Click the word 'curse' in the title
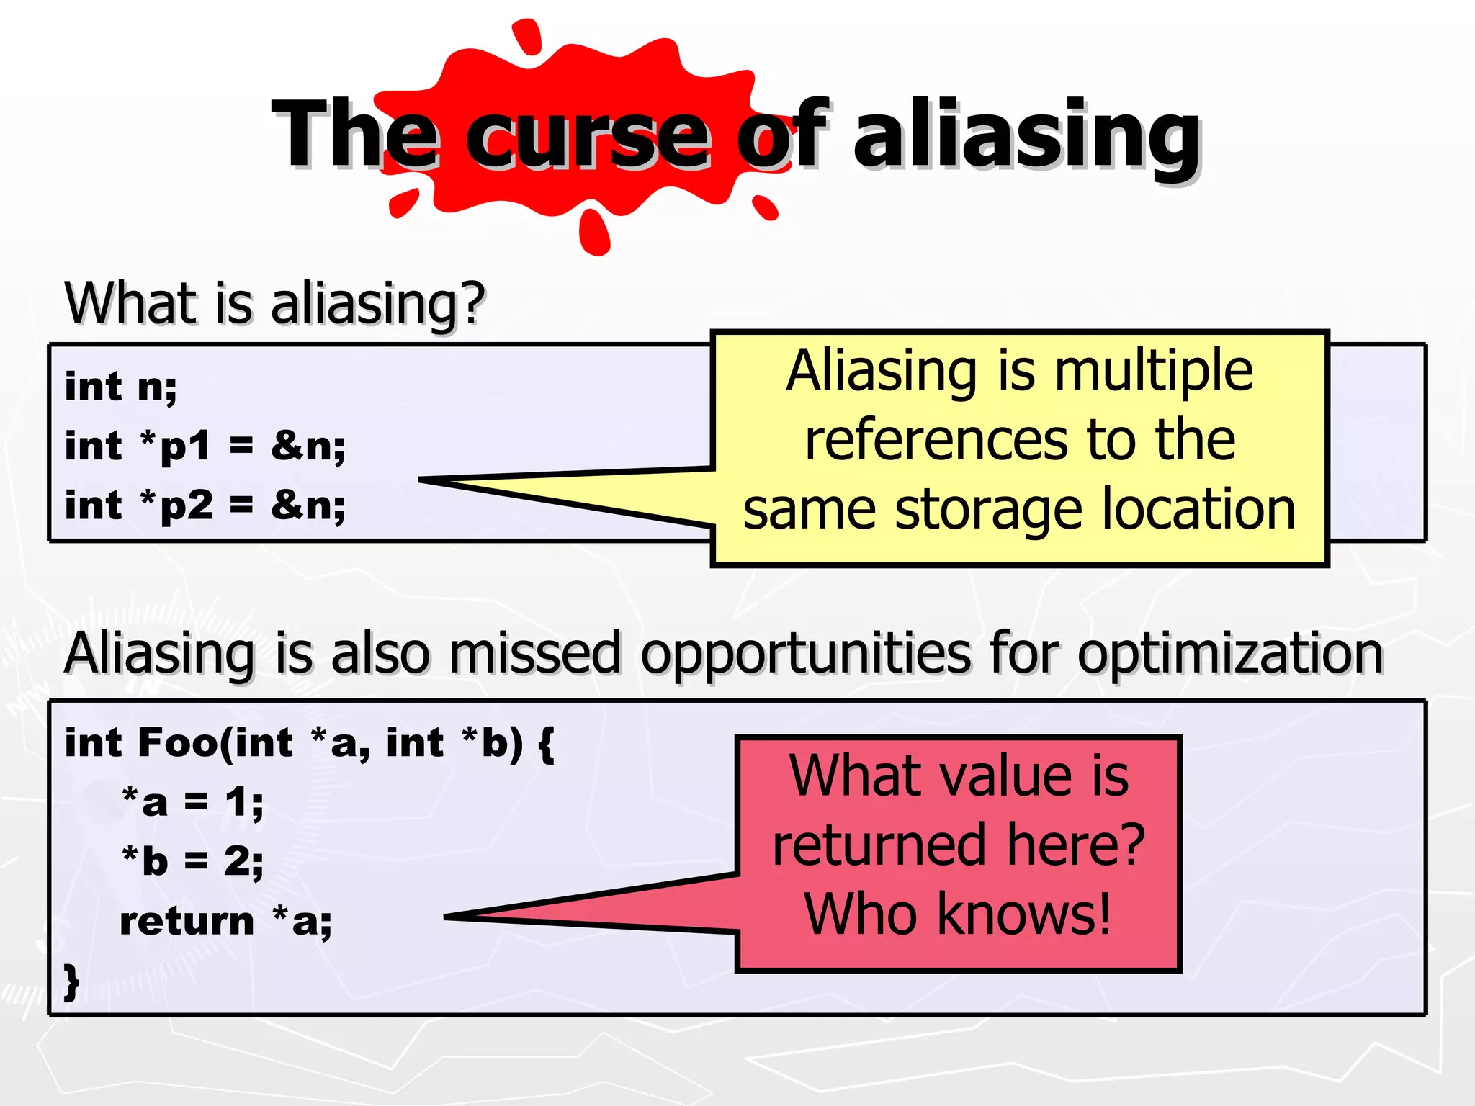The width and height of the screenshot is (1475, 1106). pyautogui.click(x=587, y=137)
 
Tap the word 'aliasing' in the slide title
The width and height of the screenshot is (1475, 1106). pyautogui.click(x=1026, y=137)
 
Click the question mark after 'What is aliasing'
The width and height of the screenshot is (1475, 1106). pyautogui.click(x=472, y=302)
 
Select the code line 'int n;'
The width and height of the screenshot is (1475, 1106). pyautogui.click(x=120, y=387)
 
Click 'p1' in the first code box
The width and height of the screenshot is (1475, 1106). pyautogui.click(x=185, y=446)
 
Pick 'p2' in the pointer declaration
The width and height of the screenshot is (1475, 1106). pyautogui.click(x=186, y=505)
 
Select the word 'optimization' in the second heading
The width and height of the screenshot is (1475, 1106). pyautogui.click(x=1230, y=653)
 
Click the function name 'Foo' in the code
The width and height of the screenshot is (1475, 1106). pyautogui.click(x=177, y=742)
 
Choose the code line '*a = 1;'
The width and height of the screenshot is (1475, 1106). pyautogui.click(x=192, y=802)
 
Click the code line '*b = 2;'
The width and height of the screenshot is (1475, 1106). pyautogui.click(x=192, y=861)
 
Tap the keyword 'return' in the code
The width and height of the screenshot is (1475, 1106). pyautogui.click(x=187, y=922)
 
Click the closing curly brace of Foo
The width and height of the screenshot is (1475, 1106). pyautogui.click(x=71, y=981)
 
